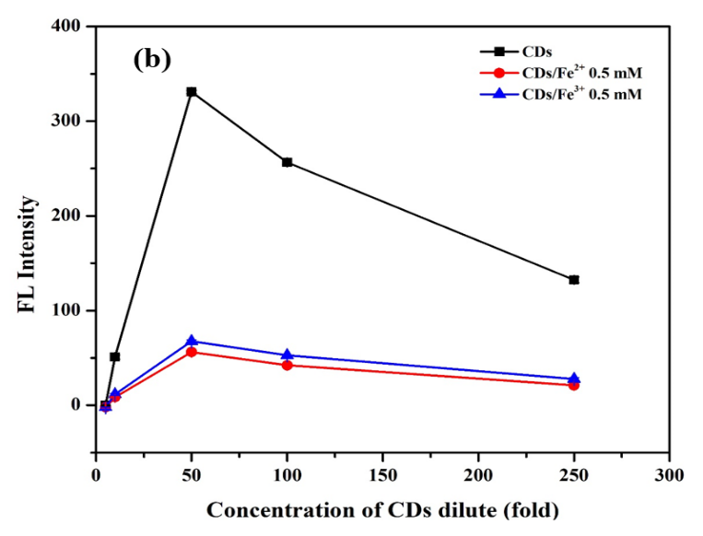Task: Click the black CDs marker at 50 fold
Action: tap(192, 92)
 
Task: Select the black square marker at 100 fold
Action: tap(287, 162)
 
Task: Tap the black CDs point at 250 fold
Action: tap(574, 279)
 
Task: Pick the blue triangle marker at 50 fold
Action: tap(192, 341)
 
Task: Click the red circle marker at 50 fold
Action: tap(192, 352)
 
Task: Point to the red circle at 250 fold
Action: tap(574, 385)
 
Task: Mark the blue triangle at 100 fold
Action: tap(287, 355)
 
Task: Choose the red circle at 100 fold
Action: tap(287, 365)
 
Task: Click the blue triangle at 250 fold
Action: tap(574, 379)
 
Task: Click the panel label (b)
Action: tap(152, 60)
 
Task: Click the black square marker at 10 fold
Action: tap(115, 356)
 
